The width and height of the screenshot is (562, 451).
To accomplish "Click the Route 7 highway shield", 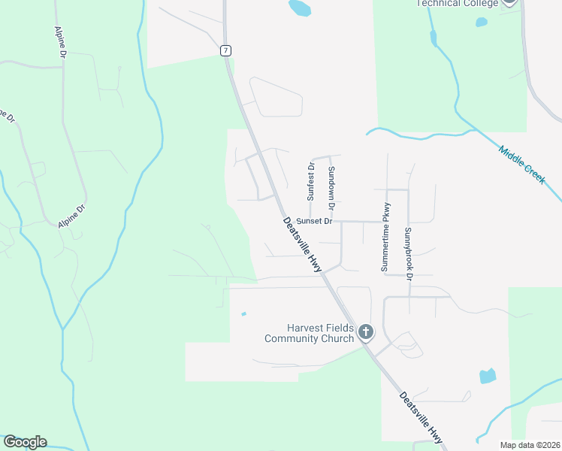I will coord(226,50).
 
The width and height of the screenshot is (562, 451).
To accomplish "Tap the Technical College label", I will coord(457,4).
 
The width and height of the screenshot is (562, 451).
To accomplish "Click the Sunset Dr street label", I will coord(313,221).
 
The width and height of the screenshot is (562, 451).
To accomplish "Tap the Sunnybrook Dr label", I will coord(409,253).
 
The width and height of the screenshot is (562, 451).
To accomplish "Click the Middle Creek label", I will coord(521,162).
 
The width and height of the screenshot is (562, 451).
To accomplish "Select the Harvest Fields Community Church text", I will coord(310,333).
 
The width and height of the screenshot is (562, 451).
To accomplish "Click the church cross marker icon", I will coord(366,331).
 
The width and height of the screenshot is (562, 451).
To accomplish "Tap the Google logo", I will coord(25,442).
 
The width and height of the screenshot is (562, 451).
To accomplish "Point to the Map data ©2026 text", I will coord(529,445).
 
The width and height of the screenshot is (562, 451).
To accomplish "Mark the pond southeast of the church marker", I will coord(488,376).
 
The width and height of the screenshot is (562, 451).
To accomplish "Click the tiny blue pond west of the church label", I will coord(243,314).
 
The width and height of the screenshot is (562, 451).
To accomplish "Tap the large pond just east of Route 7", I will coord(300,8).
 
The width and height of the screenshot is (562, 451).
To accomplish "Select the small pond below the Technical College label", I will coord(481,22).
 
